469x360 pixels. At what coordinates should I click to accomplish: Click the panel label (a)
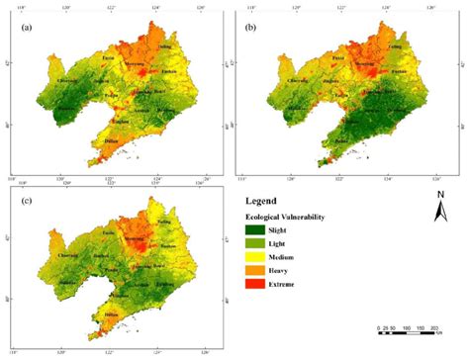click(27, 28)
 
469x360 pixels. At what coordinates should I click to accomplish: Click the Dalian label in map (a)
click(111, 141)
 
